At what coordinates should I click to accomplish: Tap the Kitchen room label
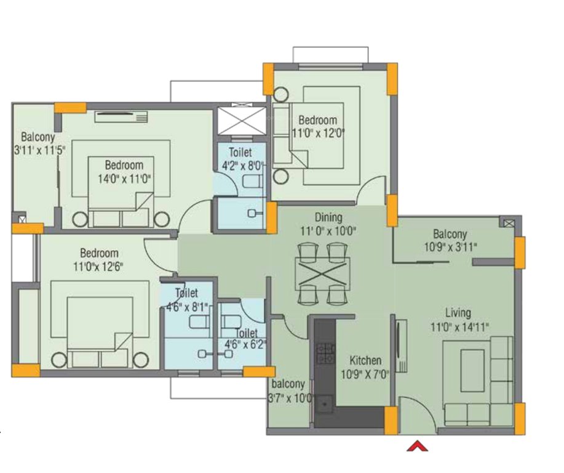365,360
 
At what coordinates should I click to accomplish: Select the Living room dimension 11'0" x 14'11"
459,328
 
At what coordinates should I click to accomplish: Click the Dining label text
328,217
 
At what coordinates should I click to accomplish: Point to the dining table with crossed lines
322,273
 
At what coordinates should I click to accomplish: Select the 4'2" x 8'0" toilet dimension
242,165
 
